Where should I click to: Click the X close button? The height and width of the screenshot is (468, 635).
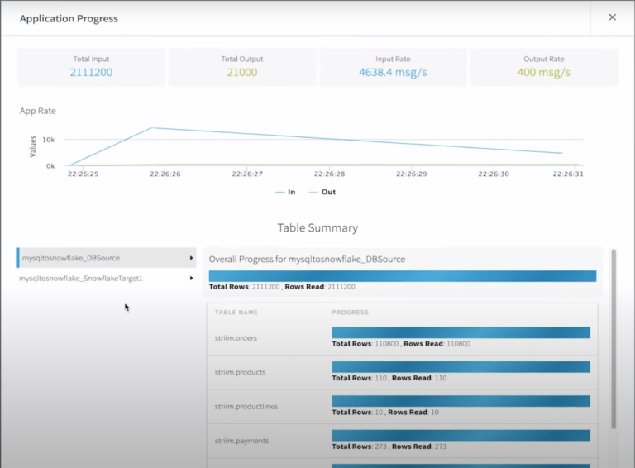612,17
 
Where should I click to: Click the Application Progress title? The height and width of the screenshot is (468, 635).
69,18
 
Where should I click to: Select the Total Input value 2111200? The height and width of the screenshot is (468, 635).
91,73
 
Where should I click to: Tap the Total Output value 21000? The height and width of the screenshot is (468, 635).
241,73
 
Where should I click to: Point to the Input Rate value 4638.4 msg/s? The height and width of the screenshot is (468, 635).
393,73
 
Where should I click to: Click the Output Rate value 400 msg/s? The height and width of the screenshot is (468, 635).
543,73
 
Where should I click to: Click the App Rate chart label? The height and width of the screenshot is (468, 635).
38,111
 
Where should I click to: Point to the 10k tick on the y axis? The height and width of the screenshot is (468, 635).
50,140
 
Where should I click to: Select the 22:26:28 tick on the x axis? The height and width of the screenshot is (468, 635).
329,174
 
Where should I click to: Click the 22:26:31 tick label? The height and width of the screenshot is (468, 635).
569,174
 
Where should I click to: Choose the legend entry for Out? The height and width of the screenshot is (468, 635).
322,192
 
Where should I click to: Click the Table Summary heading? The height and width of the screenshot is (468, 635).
317,227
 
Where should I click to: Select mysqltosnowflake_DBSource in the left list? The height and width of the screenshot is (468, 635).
70,258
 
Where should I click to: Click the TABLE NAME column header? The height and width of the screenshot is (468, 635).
236,313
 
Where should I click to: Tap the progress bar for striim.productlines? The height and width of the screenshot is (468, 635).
461,401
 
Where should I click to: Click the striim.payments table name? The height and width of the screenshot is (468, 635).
241,441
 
